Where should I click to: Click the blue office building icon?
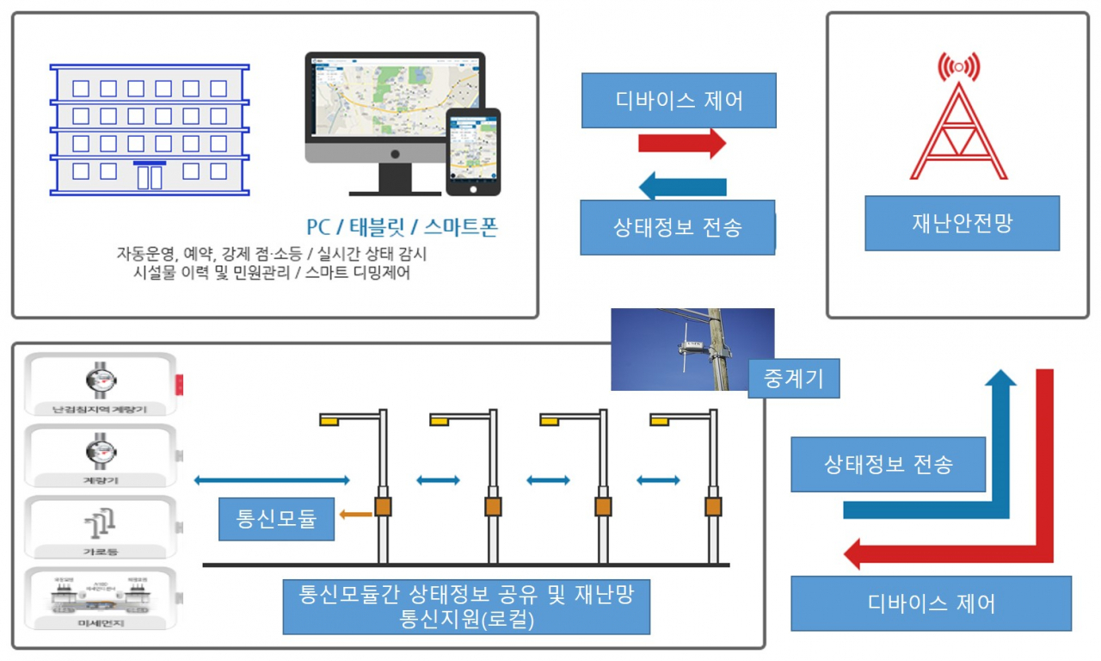point(150,129)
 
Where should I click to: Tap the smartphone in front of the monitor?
point(472,152)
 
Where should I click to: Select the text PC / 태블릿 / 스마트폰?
point(402,228)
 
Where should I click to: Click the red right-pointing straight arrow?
point(682,144)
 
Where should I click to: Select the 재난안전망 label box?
point(962,223)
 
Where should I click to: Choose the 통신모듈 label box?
point(276,519)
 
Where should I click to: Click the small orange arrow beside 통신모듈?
point(355,515)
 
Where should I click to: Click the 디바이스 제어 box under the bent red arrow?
point(931,603)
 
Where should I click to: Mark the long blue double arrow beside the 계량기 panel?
point(272,480)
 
